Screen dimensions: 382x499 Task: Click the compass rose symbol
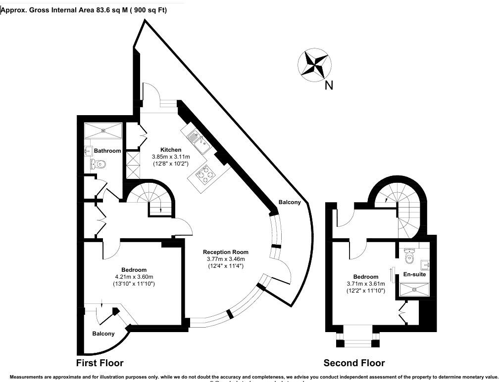(x=314, y=65)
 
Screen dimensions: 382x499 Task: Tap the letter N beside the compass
(x=329, y=85)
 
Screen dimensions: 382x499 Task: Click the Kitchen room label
(x=171, y=150)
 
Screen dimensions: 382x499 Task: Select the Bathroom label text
(x=107, y=151)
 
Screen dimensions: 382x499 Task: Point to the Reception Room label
(x=226, y=252)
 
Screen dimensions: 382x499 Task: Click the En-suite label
(x=415, y=274)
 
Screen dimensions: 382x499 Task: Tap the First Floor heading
(x=100, y=363)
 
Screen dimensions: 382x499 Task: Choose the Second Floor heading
(x=354, y=363)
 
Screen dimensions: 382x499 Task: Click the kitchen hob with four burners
(x=205, y=174)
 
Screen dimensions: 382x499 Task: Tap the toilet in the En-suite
(x=409, y=257)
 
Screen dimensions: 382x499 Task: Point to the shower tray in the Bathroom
(x=102, y=131)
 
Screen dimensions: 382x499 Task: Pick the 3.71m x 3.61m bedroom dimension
(x=366, y=284)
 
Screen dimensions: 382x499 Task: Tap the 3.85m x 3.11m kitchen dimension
(x=171, y=157)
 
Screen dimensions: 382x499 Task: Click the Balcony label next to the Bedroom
(x=103, y=334)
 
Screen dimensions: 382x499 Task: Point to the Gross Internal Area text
(x=84, y=10)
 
